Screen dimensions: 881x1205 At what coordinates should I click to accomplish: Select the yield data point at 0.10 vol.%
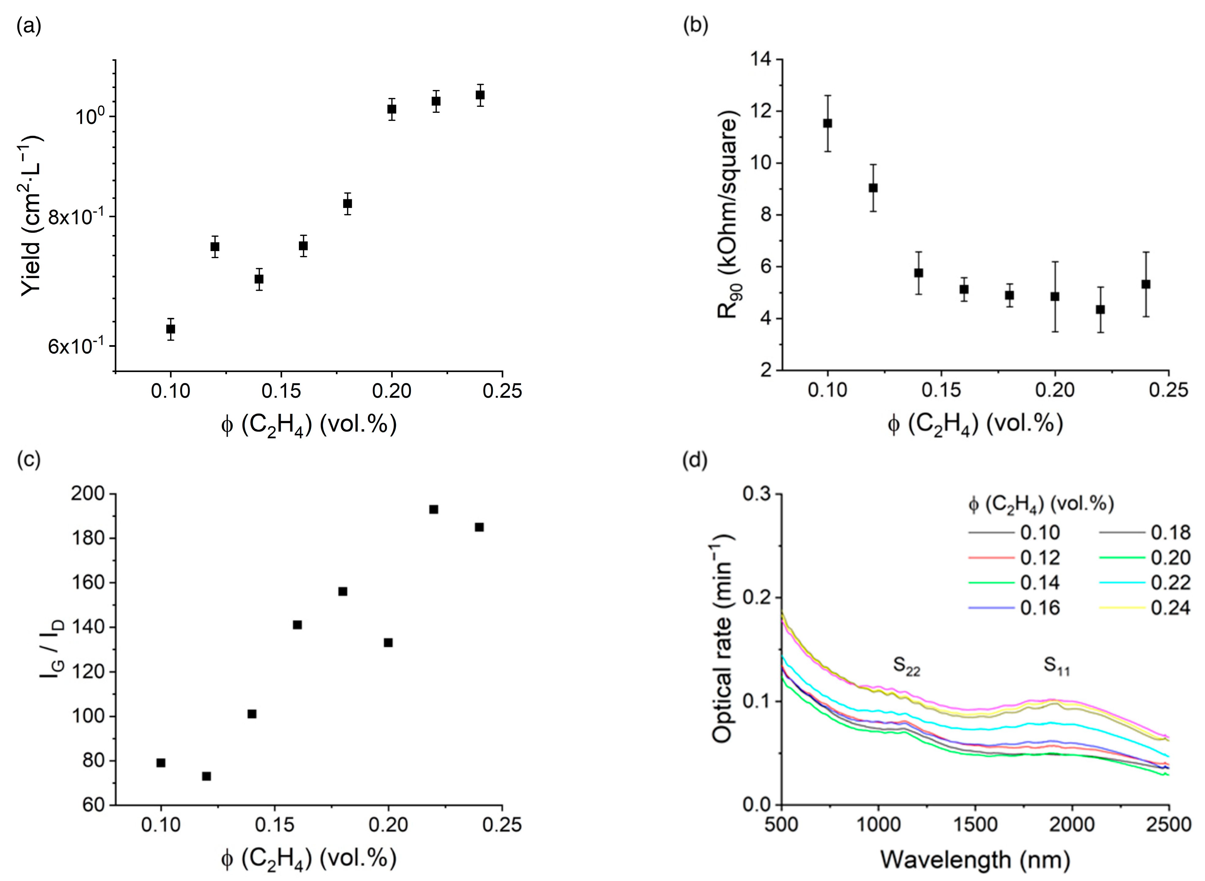coord(171,329)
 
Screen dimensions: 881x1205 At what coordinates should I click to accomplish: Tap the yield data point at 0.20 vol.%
coord(392,109)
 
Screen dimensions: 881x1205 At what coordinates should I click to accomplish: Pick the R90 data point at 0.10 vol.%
coord(828,123)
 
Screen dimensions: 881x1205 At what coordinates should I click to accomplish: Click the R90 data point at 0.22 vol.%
coord(1100,309)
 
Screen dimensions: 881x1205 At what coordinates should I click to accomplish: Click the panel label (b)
coord(696,26)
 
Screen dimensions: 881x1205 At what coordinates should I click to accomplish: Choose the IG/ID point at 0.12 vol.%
coord(206,776)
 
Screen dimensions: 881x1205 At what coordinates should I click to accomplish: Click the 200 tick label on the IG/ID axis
coord(88,494)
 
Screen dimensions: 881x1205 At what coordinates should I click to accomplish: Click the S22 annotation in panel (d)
coord(906,667)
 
